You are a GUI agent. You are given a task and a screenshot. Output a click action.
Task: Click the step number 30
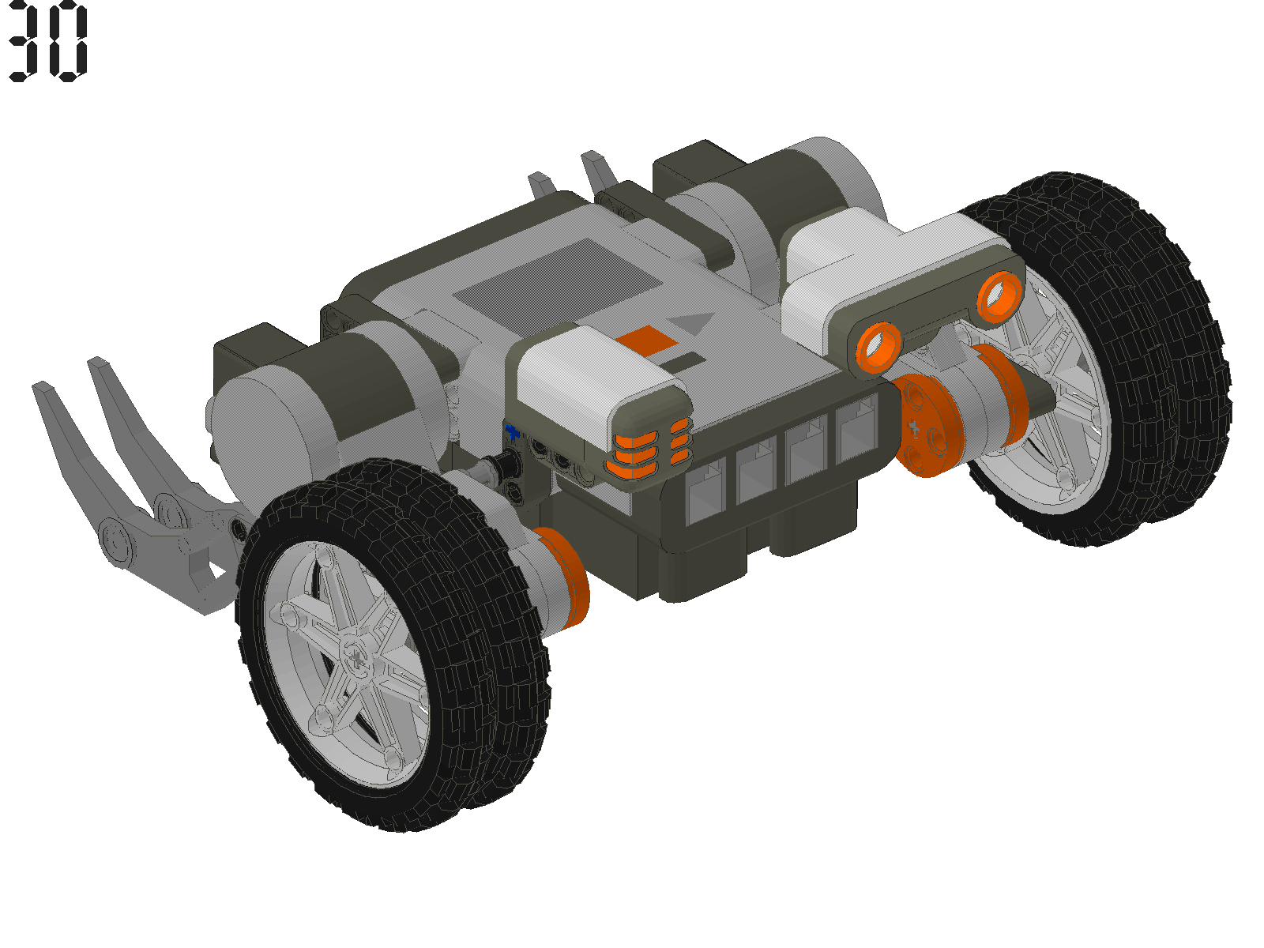point(47,41)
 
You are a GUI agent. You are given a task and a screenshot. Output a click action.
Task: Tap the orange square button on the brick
point(647,340)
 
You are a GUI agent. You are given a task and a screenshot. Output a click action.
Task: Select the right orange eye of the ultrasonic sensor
point(1000,294)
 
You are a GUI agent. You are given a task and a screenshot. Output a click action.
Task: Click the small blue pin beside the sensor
point(513,431)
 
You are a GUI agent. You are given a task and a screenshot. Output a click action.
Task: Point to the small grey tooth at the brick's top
point(540,186)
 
